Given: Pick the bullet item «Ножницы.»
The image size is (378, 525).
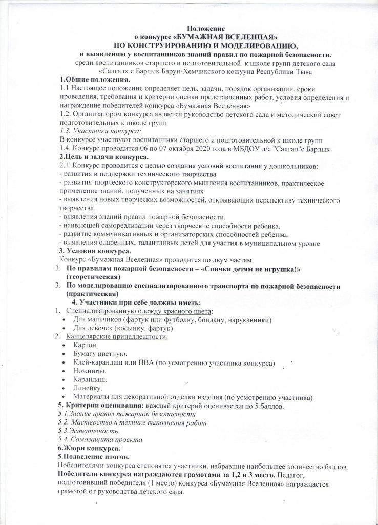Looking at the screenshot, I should (90, 371).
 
